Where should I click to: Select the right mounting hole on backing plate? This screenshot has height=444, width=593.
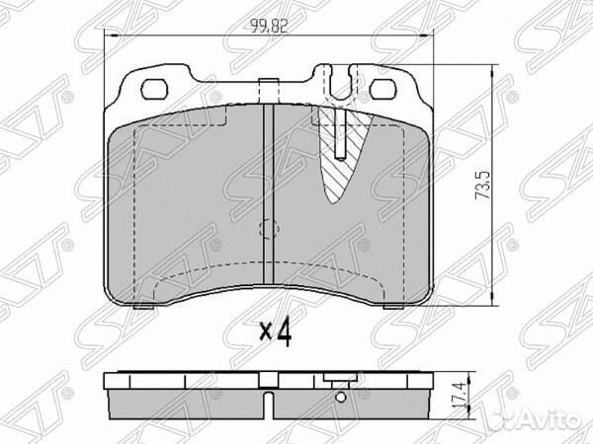pos(384,90)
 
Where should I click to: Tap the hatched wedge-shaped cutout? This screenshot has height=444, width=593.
pos(342,158)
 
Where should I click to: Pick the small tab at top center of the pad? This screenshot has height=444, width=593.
pos(265,88)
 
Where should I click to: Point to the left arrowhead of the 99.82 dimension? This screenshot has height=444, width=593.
pos(111,37)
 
